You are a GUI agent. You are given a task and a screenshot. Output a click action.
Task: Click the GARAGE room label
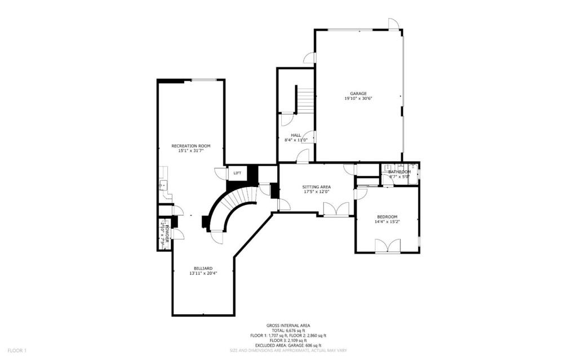(358, 94)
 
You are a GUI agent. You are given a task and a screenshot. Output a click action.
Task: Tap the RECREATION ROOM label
(190, 146)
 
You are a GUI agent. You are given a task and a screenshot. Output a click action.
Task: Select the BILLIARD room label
(203, 268)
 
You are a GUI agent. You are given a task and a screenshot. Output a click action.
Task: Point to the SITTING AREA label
(316, 186)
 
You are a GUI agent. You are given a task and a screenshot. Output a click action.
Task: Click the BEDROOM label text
(387, 217)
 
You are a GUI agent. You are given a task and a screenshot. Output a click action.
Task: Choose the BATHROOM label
(400, 172)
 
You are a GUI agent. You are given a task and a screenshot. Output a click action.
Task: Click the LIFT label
(237, 173)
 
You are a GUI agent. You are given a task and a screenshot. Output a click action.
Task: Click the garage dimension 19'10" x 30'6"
(358, 99)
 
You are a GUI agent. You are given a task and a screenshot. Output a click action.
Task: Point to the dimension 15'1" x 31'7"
(190, 151)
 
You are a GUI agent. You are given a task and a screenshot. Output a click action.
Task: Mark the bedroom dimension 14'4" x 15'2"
(387, 222)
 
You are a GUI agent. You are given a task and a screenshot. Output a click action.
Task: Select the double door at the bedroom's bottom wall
(388, 246)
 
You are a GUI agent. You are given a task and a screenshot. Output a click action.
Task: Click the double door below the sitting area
(336, 210)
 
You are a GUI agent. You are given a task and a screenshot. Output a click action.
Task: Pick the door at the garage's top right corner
(394, 24)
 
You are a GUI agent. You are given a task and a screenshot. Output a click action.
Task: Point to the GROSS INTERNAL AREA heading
(289, 326)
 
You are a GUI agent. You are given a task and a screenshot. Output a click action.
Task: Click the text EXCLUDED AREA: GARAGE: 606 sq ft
(289, 345)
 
